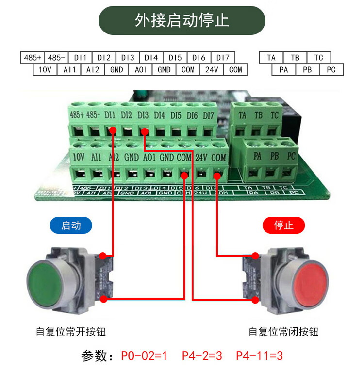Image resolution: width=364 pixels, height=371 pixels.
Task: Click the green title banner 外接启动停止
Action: (182, 21)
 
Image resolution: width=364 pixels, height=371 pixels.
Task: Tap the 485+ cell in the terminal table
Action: (33, 58)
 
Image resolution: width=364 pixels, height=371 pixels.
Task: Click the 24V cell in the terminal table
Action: (212, 70)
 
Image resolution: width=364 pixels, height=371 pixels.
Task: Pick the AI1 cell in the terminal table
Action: (69, 70)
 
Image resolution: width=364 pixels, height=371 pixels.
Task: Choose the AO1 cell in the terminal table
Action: (141, 70)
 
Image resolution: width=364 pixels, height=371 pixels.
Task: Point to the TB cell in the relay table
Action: (295, 58)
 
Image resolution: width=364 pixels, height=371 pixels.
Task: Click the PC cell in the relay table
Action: (331, 70)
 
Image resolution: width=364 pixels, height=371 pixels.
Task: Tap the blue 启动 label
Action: (71, 226)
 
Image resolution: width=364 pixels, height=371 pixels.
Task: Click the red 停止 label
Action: (284, 226)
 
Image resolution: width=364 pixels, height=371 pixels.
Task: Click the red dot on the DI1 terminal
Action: (113, 130)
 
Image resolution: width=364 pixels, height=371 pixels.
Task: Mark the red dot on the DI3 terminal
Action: (144, 130)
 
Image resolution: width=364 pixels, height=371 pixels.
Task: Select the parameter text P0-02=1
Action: (144, 356)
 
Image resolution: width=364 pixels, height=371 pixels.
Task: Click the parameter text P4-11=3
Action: (259, 356)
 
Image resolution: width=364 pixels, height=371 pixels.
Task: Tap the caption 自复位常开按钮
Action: (71, 332)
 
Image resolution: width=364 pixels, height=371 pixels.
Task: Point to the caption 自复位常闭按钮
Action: (284, 332)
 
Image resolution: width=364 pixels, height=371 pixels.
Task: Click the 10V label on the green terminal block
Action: (79, 157)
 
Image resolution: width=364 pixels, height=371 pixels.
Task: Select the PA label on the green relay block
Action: (258, 156)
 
